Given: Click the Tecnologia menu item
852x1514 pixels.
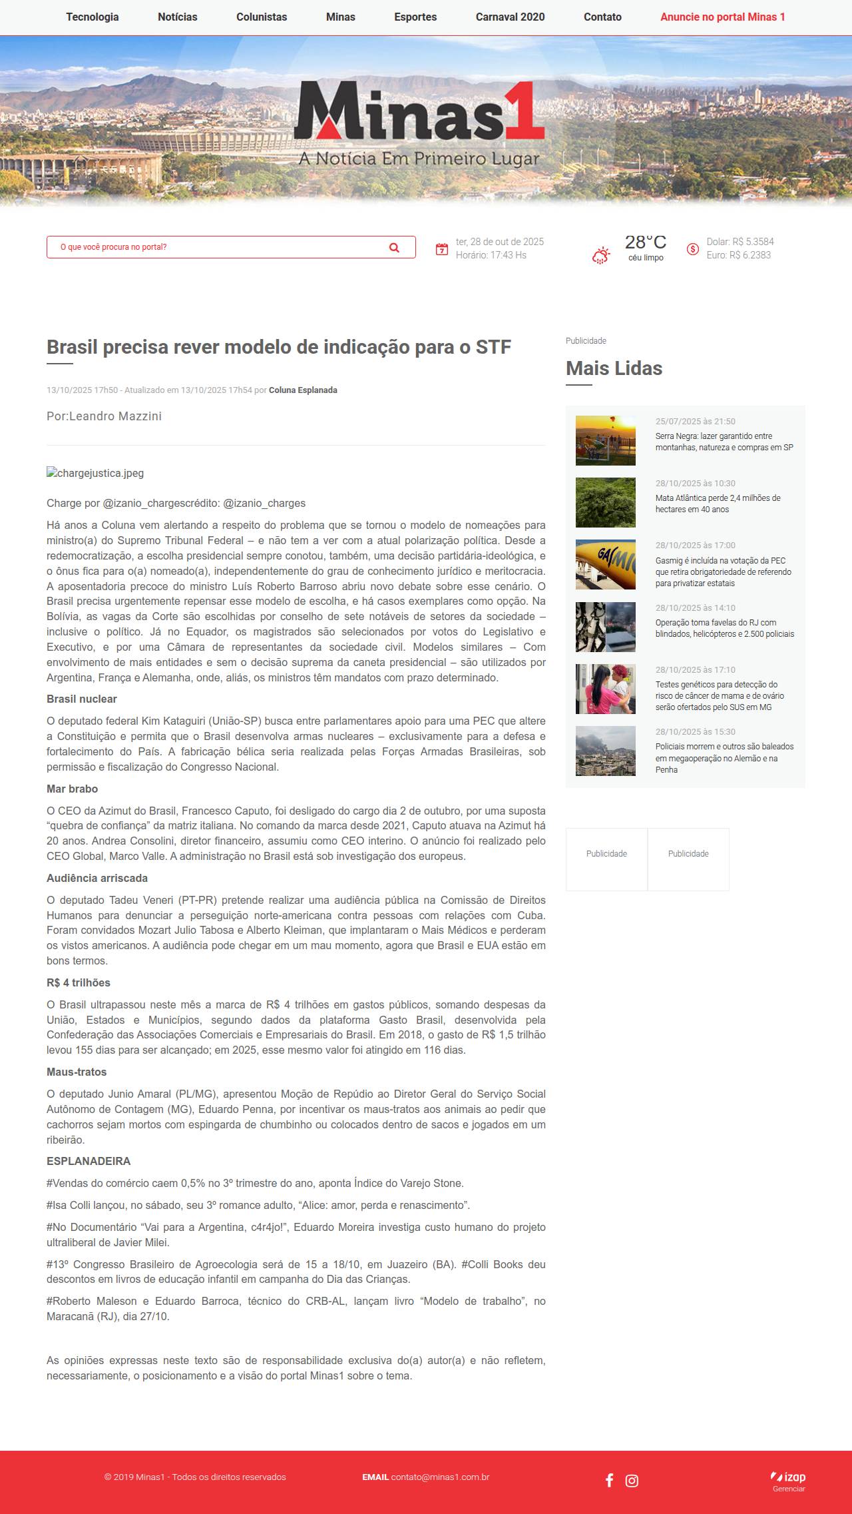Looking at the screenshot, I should [92, 17].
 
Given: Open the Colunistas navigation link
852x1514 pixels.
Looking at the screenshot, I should [262, 17].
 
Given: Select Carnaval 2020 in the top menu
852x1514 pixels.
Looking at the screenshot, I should [510, 17].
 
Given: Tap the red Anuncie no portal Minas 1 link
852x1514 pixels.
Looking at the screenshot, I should [722, 17].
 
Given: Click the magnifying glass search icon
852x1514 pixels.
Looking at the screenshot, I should [394, 248].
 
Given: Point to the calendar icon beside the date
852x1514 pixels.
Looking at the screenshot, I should [442, 249].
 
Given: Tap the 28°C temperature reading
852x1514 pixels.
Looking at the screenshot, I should [645, 242].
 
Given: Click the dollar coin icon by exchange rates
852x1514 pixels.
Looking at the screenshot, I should [693, 249].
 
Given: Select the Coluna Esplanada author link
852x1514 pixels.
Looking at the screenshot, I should [303, 390].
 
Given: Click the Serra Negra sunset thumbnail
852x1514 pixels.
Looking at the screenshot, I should [605, 440].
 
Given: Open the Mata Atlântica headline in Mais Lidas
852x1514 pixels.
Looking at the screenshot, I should [718, 504].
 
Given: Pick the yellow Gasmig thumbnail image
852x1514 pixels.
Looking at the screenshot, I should [605, 564].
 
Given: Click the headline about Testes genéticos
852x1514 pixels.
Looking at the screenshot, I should [720, 695].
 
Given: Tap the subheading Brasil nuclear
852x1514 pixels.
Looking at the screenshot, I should [81, 699].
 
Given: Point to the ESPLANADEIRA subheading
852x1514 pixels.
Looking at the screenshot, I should [89, 1162].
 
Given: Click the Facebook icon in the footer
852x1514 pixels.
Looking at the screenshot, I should [609, 1480].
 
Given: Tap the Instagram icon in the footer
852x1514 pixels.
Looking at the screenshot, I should [632, 1480].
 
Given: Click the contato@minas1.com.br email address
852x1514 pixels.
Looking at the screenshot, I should [440, 1477].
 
